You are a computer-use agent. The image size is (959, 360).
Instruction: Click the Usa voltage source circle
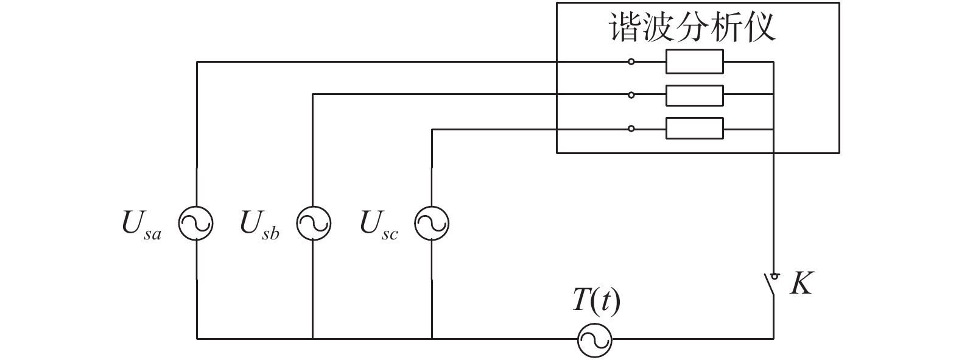(196, 224)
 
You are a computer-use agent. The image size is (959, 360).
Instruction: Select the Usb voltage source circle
(314, 224)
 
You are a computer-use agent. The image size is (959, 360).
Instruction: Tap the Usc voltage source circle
(432, 224)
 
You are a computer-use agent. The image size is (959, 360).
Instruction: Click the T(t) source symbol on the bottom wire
(594, 339)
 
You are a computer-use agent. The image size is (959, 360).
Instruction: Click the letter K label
(801, 283)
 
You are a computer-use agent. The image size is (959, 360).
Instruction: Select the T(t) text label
(596, 302)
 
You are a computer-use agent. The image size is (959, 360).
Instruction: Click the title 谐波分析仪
(693, 27)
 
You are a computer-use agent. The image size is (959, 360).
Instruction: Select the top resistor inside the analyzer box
(694, 62)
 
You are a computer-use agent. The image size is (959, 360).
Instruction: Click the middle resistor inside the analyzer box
(694, 95)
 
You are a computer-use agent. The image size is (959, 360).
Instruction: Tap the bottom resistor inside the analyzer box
(694, 129)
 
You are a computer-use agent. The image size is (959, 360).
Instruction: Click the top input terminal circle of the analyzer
(631, 62)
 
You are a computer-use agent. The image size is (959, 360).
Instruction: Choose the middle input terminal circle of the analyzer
(631, 95)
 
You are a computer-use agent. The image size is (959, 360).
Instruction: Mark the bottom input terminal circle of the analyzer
(631, 129)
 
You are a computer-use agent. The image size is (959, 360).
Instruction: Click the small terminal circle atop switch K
(775, 275)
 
